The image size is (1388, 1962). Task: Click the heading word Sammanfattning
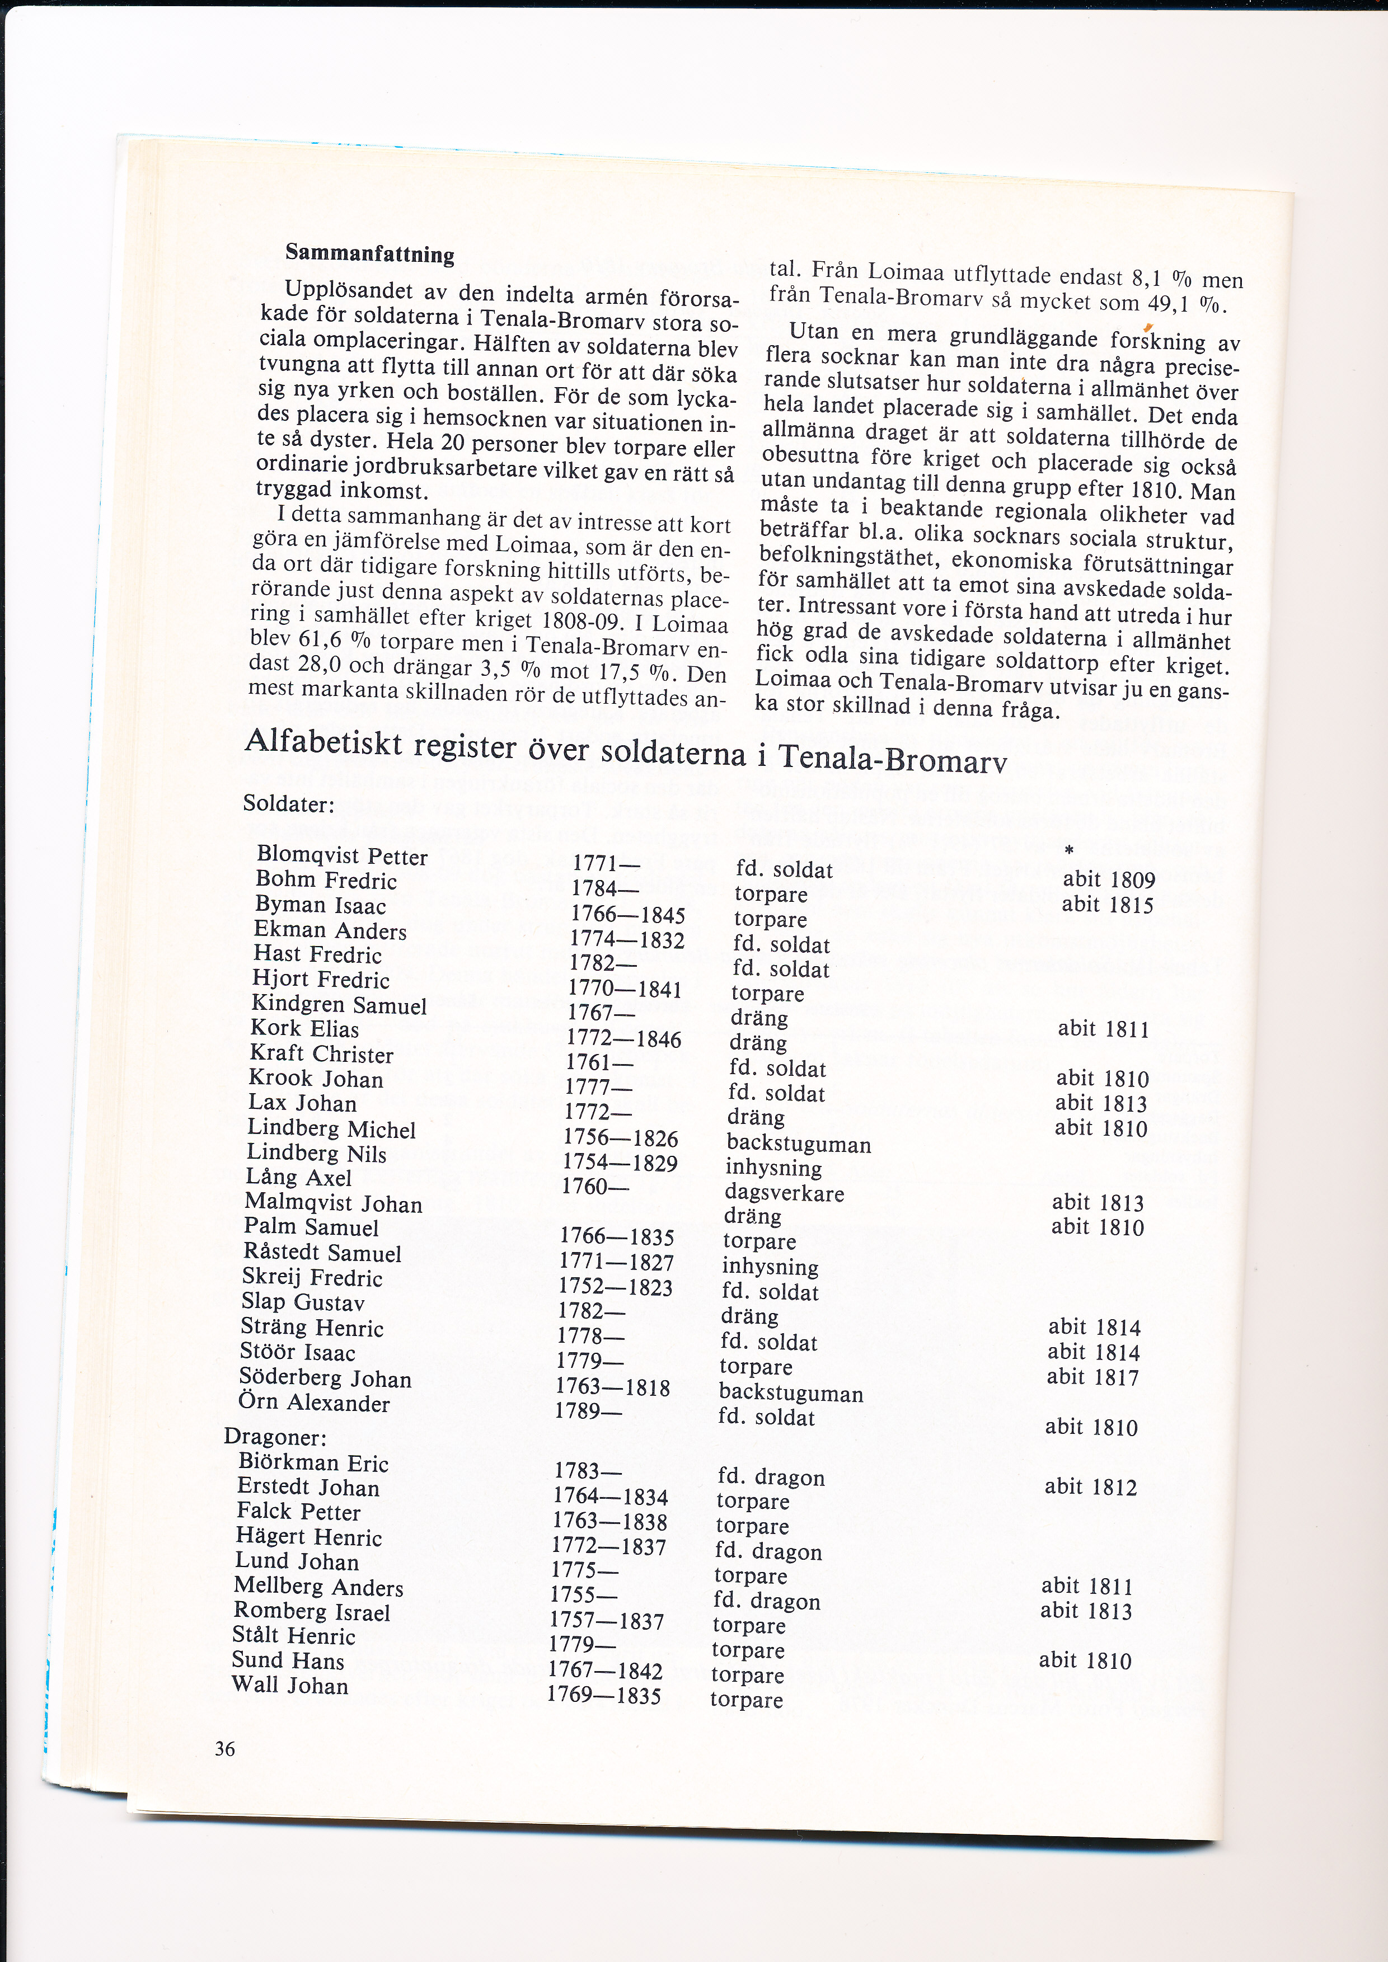point(369,254)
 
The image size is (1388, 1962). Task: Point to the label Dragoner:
point(275,1437)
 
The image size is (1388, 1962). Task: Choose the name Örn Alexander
point(313,1403)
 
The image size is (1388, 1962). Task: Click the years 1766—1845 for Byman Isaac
point(628,915)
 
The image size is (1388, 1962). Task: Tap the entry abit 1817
point(1093,1377)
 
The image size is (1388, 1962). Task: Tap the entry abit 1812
point(1091,1487)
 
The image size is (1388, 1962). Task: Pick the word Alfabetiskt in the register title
point(323,742)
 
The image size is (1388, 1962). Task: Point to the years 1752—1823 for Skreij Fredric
point(616,1287)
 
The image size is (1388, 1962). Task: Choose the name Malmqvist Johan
point(334,1203)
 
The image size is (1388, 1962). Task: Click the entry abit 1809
point(1109,880)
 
